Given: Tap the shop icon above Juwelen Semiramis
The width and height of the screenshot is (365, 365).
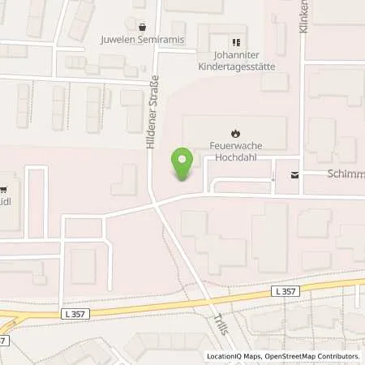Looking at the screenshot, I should click(x=143, y=26).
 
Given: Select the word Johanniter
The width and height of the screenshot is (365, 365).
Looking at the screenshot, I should click(x=236, y=57).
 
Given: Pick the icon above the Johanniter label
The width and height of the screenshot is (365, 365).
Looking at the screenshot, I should click(x=236, y=42).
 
